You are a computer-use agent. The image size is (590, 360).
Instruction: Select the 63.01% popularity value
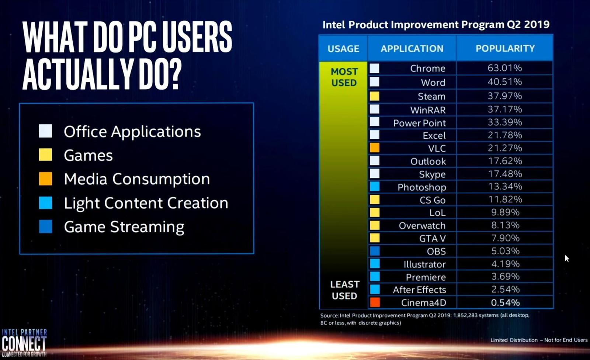504,68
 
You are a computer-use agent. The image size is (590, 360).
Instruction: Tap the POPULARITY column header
505,48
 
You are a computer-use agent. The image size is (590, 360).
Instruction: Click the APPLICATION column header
412,48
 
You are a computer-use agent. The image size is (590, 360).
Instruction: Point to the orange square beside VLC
375,148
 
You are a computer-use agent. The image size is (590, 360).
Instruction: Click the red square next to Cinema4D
375,302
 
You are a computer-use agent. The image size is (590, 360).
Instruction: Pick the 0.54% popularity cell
505,302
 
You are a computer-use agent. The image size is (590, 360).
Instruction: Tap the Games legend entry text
88,155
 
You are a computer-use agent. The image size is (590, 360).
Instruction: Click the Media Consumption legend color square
46,179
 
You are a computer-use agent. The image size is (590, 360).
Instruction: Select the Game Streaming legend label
124,227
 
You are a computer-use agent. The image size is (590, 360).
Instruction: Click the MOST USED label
344,77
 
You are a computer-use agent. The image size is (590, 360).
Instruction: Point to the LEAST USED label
344,290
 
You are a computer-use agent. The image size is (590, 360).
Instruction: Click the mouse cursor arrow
567,258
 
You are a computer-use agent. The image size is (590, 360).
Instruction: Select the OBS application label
436,251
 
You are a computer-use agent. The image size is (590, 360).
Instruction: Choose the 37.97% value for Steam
504,96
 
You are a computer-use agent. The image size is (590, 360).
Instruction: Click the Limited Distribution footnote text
538,340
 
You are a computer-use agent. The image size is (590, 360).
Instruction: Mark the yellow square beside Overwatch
375,225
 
